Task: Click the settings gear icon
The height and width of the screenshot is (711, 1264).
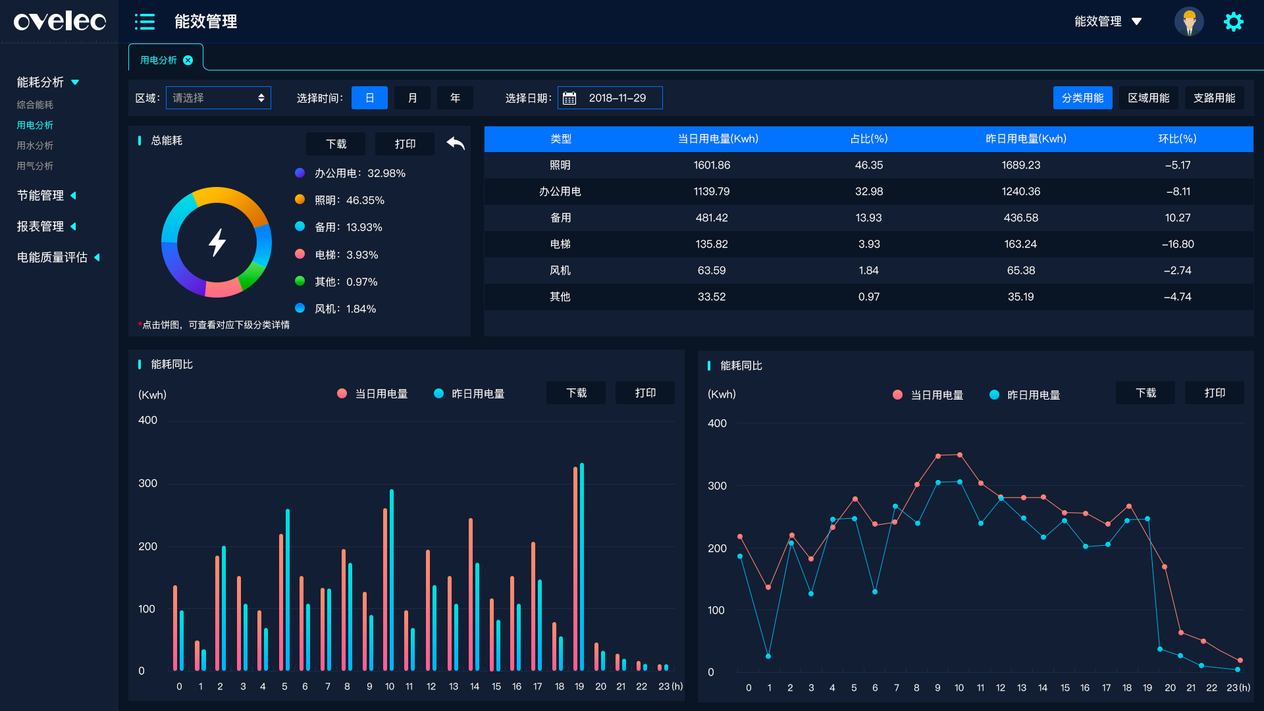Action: coord(1233,22)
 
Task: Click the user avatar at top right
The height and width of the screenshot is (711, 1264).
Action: coord(1189,22)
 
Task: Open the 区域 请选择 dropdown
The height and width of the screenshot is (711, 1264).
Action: coord(218,98)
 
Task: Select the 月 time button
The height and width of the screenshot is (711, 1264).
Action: coord(412,98)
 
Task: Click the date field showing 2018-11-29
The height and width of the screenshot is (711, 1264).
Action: coord(610,98)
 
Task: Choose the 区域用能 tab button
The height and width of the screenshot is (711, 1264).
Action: coord(1148,98)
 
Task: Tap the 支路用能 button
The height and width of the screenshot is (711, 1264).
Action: coord(1214,98)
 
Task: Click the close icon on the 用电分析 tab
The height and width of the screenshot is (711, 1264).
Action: coord(188,61)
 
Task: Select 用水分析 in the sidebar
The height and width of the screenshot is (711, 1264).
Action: coord(35,145)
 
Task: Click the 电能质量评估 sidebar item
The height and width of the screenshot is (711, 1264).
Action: coord(53,257)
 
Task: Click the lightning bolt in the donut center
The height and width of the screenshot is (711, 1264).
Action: coord(217,242)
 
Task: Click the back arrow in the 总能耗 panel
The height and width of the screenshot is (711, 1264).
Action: coord(456,143)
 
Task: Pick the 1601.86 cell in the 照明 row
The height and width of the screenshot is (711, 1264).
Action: coord(712,165)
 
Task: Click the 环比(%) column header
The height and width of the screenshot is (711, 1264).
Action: coord(1177,139)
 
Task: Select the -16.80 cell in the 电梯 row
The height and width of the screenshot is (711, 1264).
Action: coord(1177,244)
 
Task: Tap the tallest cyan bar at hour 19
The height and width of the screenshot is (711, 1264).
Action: coord(582,566)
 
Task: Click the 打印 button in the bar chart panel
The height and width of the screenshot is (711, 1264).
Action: coord(645,393)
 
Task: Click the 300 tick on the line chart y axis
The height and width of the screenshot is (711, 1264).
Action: coord(717,486)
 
